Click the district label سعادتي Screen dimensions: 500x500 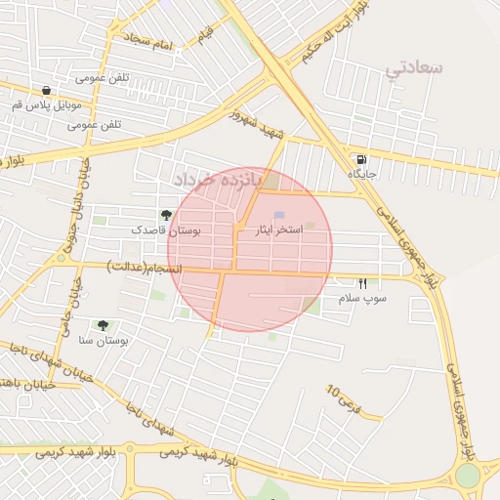415,67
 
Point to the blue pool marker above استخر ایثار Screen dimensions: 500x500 279,215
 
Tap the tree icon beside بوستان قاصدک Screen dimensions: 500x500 166,215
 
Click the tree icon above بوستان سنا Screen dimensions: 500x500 103,325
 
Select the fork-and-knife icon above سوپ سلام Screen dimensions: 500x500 363,283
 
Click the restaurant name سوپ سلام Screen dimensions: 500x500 363,298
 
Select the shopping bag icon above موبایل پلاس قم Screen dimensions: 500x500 46,90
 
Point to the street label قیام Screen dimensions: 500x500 204,34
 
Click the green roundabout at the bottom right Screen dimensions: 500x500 468,475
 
